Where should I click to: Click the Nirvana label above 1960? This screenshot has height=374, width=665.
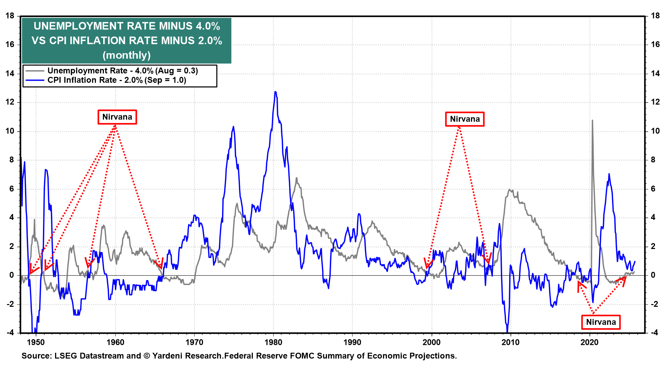(117, 117)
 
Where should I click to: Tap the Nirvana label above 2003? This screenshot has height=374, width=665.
(464, 119)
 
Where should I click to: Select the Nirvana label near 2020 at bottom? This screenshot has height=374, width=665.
(601, 322)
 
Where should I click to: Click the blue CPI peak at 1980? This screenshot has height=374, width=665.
(275, 92)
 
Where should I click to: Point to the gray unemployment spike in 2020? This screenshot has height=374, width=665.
(592, 121)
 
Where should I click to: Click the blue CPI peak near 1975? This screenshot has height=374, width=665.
(233, 127)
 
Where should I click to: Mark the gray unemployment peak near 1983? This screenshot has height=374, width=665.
(296, 179)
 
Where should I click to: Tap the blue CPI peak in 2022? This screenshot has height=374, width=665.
(609, 174)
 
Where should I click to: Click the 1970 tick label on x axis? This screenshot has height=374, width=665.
(194, 342)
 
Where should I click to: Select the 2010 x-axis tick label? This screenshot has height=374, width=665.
(511, 342)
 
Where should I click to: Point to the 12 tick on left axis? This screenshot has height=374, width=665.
(10, 102)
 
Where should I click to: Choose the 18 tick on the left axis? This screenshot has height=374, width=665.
(10, 16)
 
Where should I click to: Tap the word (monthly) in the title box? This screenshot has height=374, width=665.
(127, 55)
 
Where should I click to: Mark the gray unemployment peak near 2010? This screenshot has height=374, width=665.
(509, 190)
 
